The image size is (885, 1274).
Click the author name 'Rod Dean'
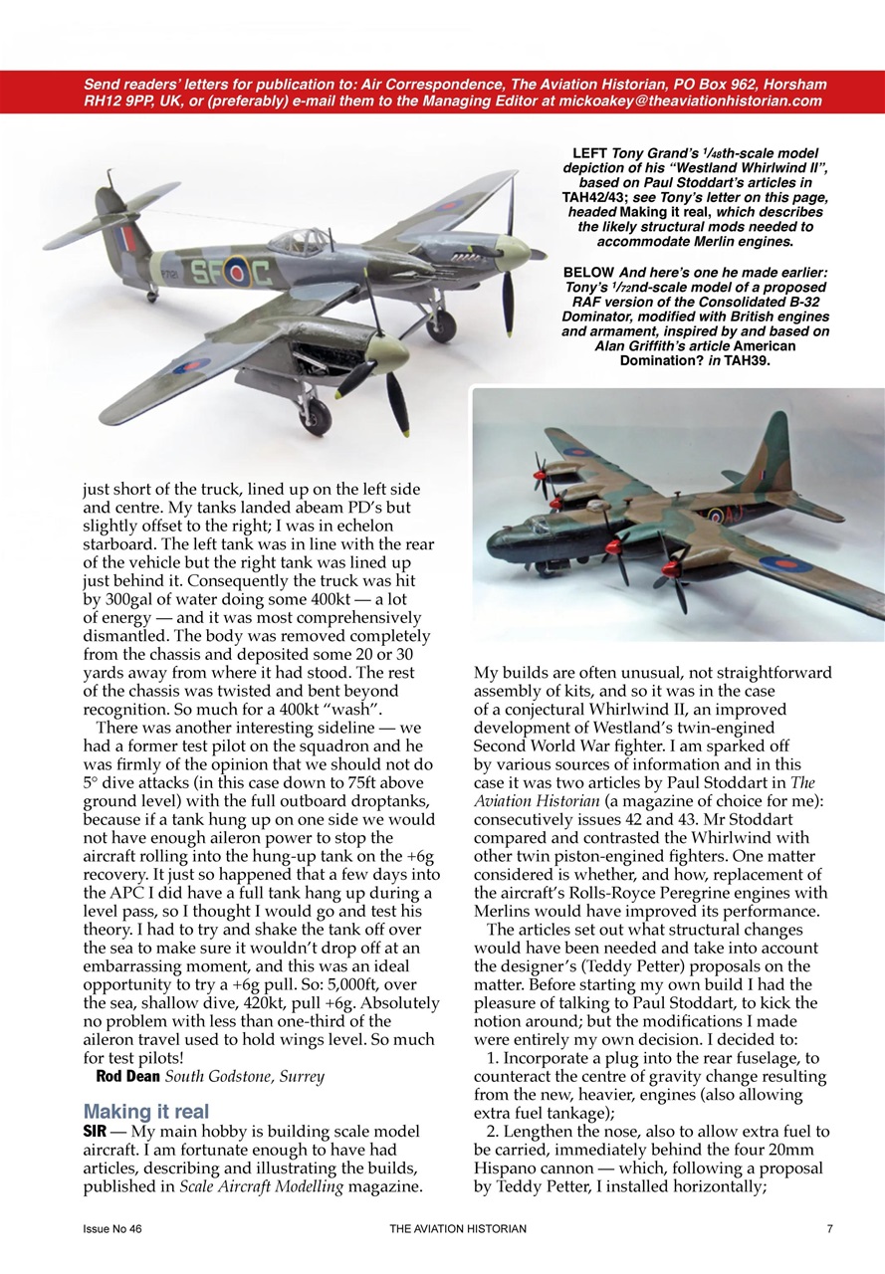tap(127, 1077)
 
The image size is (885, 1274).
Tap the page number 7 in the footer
tap(829, 1229)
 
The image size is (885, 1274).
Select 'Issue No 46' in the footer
tap(112, 1229)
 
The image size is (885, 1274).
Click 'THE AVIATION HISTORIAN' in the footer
tap(458, 1229)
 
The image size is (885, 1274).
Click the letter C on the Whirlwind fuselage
tap(260, 274)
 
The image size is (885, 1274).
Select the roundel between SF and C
tap(235, 272)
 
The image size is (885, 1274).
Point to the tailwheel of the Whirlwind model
tap(152, 295)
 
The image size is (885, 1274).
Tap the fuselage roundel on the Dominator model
tap(716, 516)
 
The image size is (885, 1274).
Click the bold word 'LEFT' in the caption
tap(590, 153)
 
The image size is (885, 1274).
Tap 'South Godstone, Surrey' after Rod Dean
tap(245, 1077)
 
